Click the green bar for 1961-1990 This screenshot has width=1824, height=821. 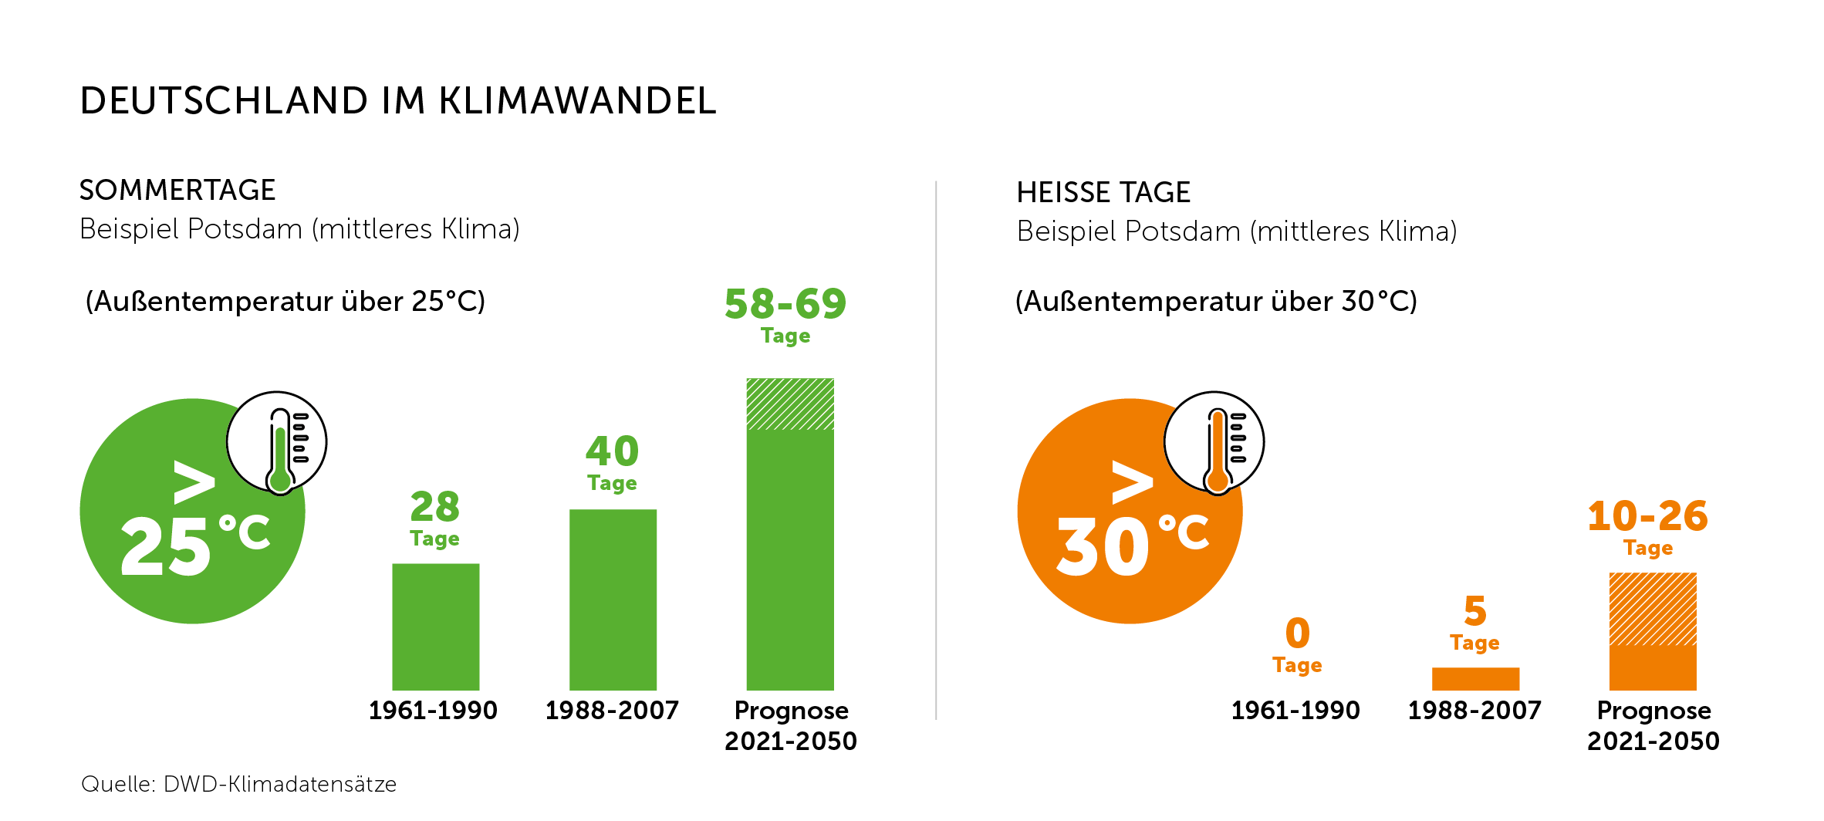(x=435, y=627)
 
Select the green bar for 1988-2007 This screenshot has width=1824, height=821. (x=613, y=600)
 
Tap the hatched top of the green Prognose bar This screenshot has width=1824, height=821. (x=790, y=404)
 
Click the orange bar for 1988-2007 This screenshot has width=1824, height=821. (x=1475, y=678)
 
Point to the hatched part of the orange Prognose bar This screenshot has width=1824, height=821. (x=1652, y=609)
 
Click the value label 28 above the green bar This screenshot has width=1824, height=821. (x=435, y=507)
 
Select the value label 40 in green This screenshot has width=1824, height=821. (x=613, y=451)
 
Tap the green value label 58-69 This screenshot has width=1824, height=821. (x=785, y=304)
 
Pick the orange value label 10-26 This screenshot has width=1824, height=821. (x=1648, y=516)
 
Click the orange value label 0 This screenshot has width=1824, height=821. (x=1298, y=633)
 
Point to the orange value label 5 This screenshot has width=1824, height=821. (x=1475, y=611)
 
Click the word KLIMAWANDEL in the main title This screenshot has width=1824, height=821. (x=578, y=101)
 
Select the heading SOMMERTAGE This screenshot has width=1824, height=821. (x=177, y=190)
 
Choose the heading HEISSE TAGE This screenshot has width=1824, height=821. (x=1103, y=192)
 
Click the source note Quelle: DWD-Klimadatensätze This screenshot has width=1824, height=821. (x=239, y=784)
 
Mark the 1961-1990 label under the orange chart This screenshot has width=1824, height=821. (x=1295, y=710)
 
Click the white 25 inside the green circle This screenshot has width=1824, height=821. (x=166, y=547)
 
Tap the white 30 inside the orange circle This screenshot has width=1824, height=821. (x=1103, y=547)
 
